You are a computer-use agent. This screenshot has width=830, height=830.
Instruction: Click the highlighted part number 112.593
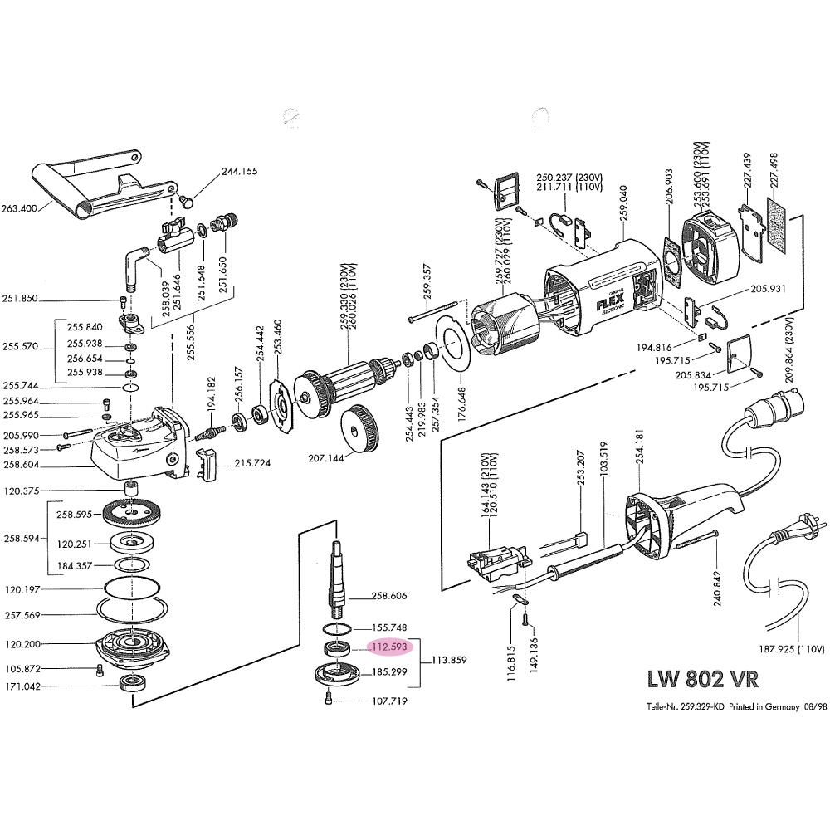click(x=389, y=647)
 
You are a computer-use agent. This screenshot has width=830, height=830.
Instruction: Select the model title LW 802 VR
click(x=702, y=679)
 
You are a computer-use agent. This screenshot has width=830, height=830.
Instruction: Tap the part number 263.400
click(x=19, y=208)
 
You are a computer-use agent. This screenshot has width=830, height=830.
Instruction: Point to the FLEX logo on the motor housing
click(x=611, y=302)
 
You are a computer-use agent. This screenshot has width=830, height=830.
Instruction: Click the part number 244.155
click(x=239, y=172)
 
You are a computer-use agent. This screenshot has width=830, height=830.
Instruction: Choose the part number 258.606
click(x=389, y=596)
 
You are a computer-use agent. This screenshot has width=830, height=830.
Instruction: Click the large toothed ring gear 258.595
click(x=130, y=514)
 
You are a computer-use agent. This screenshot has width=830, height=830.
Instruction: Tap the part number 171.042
click(x=22, y=686)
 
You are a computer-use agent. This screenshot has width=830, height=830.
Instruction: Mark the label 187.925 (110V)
click(x=792, y=649)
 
